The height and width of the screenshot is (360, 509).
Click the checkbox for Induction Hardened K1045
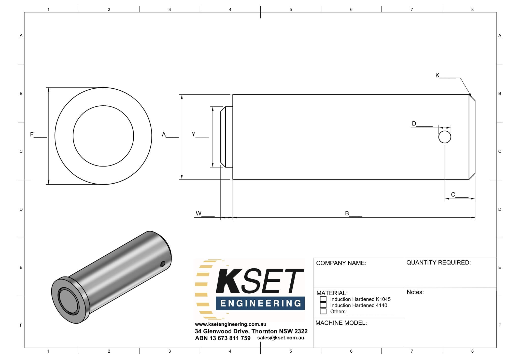323,299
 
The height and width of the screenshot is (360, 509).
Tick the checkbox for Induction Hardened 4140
323,305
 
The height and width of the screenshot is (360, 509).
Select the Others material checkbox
323,311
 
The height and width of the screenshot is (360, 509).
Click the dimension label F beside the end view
32,134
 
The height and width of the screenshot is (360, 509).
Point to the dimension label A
164,134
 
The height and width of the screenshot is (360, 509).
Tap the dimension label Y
193,134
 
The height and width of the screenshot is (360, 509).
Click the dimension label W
199,213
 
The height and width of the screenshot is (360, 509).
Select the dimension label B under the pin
347,213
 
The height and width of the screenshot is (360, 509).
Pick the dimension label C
453,195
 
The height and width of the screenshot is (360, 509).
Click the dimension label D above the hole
414,123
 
